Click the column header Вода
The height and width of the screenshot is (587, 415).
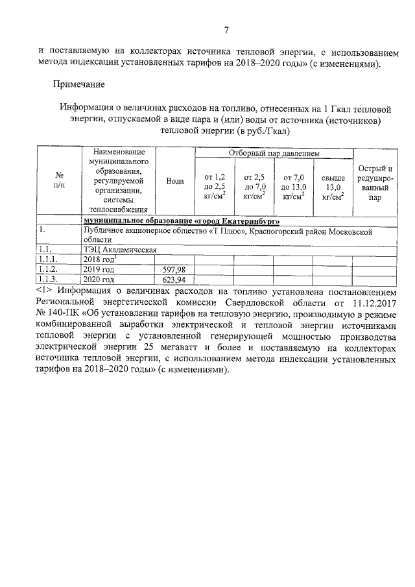pos(174,181)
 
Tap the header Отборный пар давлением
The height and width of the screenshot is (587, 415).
pos(274,153)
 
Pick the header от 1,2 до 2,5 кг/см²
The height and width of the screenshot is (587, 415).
pos(215,186)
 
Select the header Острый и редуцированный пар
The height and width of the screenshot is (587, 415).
pos(375,184)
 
